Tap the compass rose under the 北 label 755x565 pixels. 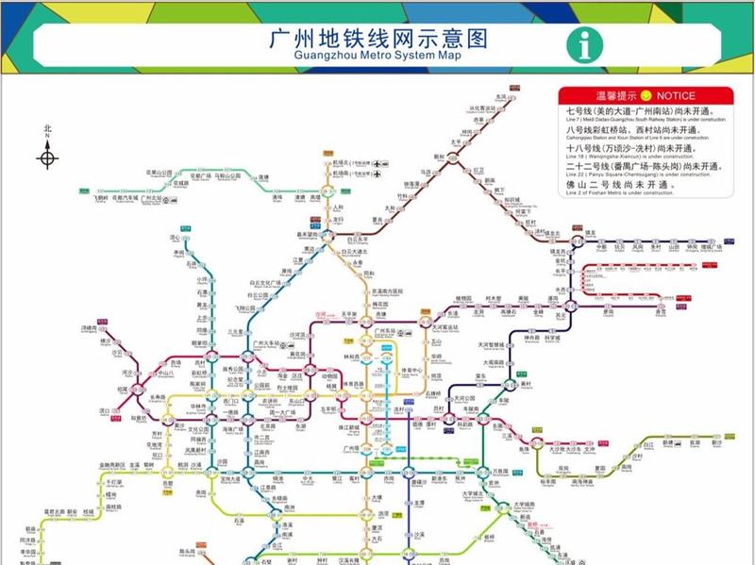coord(47,154)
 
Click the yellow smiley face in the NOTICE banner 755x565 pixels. coord(646,96)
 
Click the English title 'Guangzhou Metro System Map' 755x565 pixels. coord(377,56)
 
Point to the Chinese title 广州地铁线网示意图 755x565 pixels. coord(377,38)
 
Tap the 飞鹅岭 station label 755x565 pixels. coord(103,197)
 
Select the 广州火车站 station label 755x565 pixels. coord(265,343)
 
